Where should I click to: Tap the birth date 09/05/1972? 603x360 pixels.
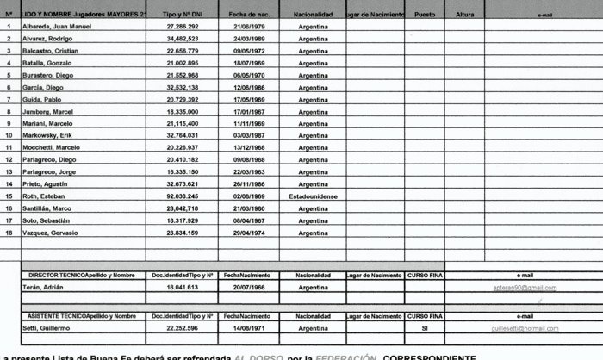248,52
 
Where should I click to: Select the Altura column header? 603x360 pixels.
464,15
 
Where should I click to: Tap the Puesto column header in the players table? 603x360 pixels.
424,15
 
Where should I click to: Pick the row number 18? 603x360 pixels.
9,232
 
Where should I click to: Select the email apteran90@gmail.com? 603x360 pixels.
525,288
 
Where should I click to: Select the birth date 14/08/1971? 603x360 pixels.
248,328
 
